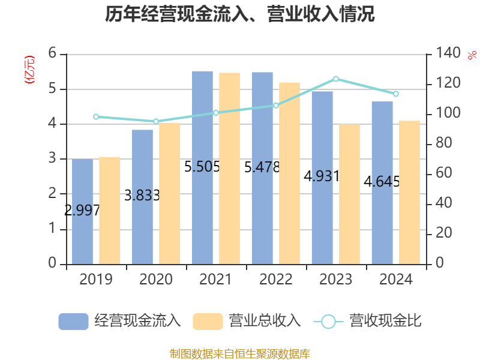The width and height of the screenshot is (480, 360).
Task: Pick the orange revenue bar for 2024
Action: pos(409,192)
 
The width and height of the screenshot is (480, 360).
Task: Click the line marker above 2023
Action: pos(336,79)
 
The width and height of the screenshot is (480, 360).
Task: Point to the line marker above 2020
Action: pos(156,121)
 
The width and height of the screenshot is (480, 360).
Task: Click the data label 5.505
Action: pos(202,167)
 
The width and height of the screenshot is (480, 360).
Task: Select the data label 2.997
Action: pos(82,210)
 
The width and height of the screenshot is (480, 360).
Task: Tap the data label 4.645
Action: pos(382,181)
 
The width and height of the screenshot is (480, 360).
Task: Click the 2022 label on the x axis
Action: pos(276,279)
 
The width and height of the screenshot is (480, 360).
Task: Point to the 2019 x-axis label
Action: pos(96,279)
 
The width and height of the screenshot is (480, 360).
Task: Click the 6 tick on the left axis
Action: pos(53,54)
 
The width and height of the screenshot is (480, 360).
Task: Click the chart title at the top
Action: pos(240,14)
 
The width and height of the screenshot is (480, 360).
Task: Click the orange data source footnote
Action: pos(240,353)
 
